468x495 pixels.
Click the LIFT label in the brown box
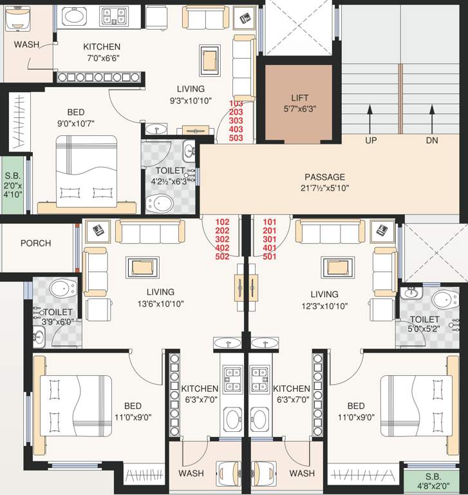(x=299, y=98)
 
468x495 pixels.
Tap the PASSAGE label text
(x=324, y=177)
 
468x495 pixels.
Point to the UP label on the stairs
(x=371, y=140)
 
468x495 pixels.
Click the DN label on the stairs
(x=431, y=140)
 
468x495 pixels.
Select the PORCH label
(x=35, y=243)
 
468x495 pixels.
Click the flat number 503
(x=236, y=138)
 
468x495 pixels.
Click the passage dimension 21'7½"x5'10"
(x=324, y=188)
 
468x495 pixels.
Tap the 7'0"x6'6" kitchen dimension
(x=101, y=58)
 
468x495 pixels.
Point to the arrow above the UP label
(x=371, y=120)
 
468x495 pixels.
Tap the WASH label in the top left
(x=26, y=44)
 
